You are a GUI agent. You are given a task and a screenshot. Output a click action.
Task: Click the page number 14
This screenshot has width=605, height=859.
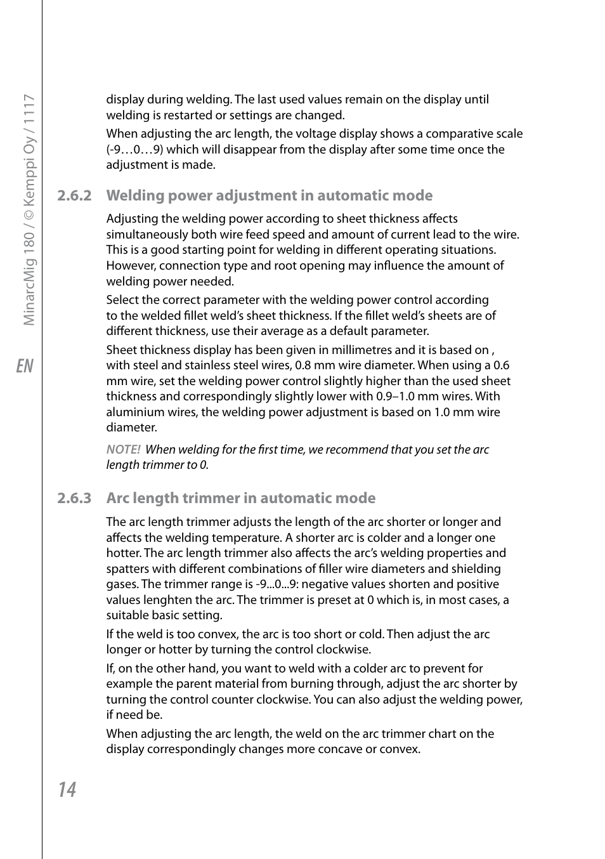(x=67, y=789)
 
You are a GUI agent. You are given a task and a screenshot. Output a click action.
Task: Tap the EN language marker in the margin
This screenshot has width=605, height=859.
(x=25, y=366)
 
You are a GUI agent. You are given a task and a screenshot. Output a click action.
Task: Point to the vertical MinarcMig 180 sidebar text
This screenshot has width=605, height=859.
(x=29, y=209)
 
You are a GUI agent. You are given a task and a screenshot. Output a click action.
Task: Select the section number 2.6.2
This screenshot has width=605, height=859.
(x=74, y=195)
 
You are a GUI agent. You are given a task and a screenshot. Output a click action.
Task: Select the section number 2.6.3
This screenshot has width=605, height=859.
(x=74, y=498)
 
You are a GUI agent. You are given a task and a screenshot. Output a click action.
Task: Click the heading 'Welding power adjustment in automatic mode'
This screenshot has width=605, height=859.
(x=269, y=195)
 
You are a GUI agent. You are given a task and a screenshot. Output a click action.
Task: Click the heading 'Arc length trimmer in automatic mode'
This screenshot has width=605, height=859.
(x=240, y=498)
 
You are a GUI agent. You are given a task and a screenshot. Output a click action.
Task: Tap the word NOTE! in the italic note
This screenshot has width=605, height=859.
(x=123, y=450)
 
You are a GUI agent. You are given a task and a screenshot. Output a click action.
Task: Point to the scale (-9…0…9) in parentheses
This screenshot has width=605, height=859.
(x=134, y=150)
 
